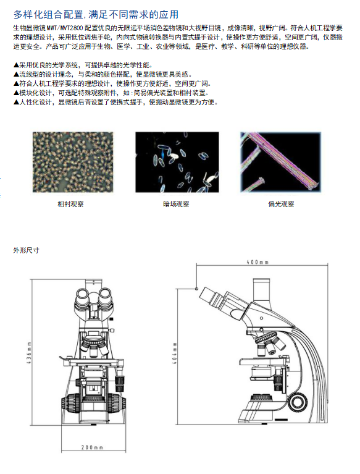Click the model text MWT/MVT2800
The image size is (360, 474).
(x=65, y=28)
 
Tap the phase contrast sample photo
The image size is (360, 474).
(x=73, y=162)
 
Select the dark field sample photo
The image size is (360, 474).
(x=177, y=162)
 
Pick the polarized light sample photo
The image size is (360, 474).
(x=280, y=162)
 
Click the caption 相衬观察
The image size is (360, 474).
(x=70, y=204)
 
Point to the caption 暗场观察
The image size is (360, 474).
(x=176, y=204)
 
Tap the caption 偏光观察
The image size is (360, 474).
(x=281, y=204)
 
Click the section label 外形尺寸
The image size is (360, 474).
(x=26, y=250)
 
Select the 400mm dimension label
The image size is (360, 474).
(x=257, y=262)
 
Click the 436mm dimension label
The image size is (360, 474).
(x=29, y=353)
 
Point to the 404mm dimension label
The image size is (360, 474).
(x=175, y=353)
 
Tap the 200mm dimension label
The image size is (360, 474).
(x=92, y=447)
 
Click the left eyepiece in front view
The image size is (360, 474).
(x=82, y=295)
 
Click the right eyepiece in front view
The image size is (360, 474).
(x=105, y=295)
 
